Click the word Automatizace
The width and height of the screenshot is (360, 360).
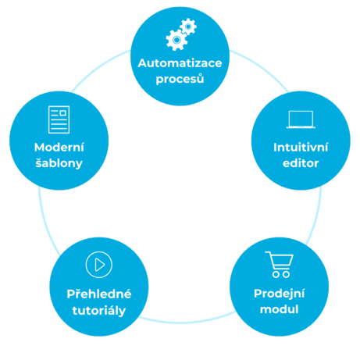point(180,63)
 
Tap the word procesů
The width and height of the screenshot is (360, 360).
point(180,79)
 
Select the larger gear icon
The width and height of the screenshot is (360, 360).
point(176,40)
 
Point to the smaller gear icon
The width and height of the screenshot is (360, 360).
point(188,27)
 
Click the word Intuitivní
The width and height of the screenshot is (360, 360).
point(301,147)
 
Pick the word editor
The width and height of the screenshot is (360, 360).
point(301,163)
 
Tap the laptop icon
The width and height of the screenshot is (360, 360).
point(301,119)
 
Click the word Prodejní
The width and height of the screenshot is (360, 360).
point(279,294)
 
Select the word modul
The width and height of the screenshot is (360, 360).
point(279,309)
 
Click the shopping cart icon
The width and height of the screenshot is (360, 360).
point(280,265)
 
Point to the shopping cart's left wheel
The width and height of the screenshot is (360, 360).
point(276,274)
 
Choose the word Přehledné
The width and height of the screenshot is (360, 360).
point(99,294)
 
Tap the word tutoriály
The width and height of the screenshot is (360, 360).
point(99,311)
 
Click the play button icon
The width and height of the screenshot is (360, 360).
point(99,265)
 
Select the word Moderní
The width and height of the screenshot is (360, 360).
point(59,147)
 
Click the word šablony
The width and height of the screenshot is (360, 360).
point(59,163)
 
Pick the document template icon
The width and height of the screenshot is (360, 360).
point(59,119)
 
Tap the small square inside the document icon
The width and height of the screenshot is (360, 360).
point(63,113)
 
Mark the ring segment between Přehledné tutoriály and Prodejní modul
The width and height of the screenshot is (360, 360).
point(187,323)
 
